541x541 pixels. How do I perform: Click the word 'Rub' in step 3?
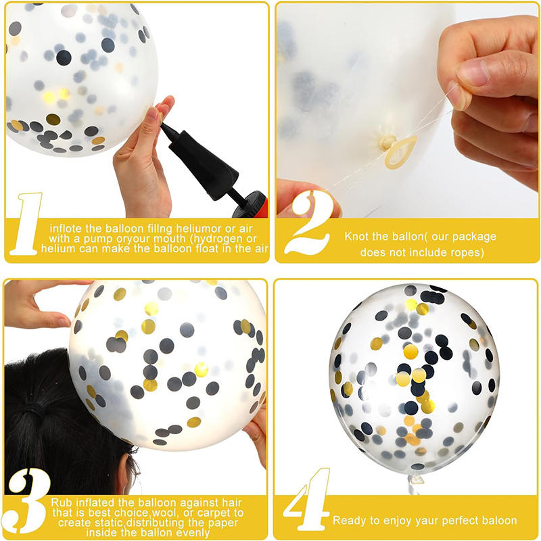(62, 502)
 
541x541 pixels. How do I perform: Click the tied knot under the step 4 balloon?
(416, 479)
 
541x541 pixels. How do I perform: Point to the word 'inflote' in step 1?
(66, 229)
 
